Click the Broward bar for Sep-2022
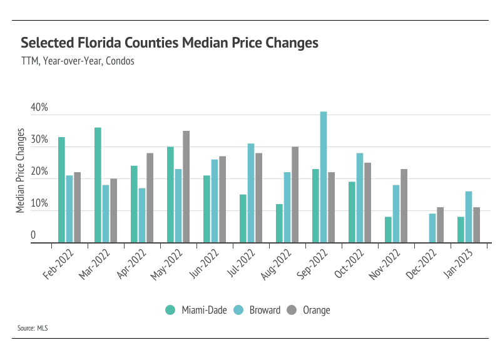click(x=324, y=177)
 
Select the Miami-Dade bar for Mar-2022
click(x=98, y=185)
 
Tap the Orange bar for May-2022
click(x=186, y=187)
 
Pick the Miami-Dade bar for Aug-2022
click(x=279, y=224)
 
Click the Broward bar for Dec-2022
click(x=432, y=229)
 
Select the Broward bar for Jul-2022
click(x=251, y=193)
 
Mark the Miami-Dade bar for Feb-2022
click(x=61, y=190)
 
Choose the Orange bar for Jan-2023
click(x=476, y=225)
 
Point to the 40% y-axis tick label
click(x=39, y=108)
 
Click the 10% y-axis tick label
click(x=39, y=203)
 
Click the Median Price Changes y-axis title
click(x=21, y=170)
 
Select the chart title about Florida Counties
click(x=170, y=43)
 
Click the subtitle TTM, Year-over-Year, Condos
click(x=78, y=61)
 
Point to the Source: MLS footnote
click(x=34, y=328)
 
